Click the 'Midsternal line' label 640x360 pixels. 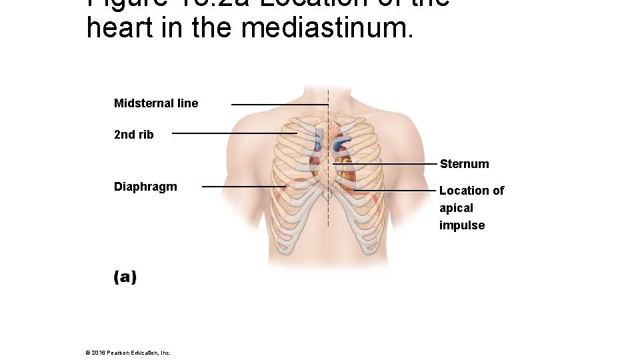click(156, 103)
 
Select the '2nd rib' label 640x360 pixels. click(134, 135)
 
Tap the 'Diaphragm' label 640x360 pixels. click(145, 187)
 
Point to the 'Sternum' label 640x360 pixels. click(464, 164)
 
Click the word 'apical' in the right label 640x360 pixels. click(456, 208)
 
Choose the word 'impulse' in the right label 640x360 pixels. click(462, 225)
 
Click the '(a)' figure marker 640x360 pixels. click(125, 277)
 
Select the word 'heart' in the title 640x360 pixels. click(117, 29)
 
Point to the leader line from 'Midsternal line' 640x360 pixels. click(279, 105)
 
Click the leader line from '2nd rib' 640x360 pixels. click(233, 133)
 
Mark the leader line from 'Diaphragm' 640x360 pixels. click(243, 187)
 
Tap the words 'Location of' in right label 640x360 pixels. click(471, 191)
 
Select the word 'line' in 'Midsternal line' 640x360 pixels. click(187, 103)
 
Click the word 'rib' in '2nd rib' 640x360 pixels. click(145, 135)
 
